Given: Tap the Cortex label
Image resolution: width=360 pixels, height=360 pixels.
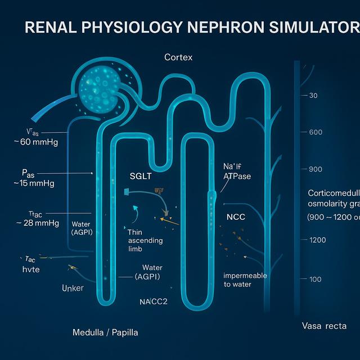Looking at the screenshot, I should [x=178, y=57].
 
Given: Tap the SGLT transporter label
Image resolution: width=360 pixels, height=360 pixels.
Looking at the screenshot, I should [x=140, y=176].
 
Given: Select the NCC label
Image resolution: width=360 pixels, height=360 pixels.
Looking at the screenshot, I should [x=235, y=217].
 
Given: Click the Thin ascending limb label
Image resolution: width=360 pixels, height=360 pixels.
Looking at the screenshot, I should [x=145, y=241].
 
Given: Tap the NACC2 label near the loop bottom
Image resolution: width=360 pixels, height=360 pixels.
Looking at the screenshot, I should [x=154, y=301].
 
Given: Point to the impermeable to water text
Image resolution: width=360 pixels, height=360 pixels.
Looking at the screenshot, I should [x=245, y=280].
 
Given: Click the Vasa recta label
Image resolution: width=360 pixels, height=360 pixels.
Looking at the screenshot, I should [x=323, y=326].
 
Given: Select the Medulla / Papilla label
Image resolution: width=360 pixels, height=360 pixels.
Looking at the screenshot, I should [x=105, y=332].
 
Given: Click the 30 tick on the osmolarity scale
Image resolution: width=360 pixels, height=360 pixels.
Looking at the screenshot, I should [x=313, y=96].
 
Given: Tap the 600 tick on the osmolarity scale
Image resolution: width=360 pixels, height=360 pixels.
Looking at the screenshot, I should [x=316, y=132].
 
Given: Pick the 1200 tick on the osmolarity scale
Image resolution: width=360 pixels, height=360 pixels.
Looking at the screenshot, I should [x=317, y=240].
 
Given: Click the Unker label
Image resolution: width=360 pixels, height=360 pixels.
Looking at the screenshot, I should [x=72, y=288].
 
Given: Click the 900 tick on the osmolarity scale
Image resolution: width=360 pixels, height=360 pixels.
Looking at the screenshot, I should [x=316, y=169].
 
